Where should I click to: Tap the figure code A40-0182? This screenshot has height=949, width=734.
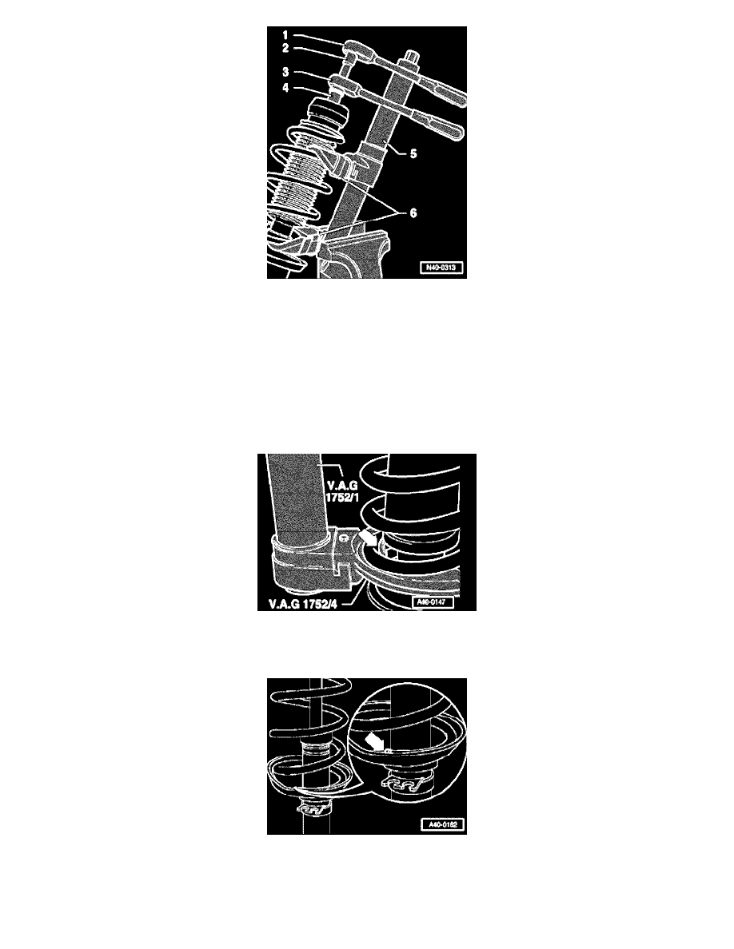tap(437, 826)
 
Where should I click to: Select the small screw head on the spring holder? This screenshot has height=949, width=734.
tap(342, 540)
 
